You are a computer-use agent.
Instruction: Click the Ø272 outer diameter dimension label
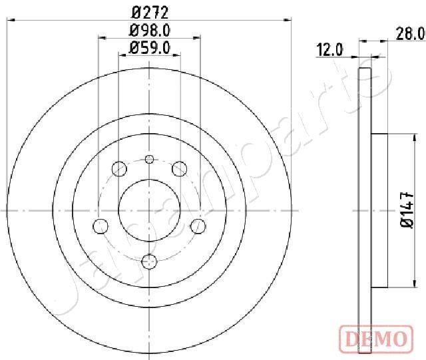click(x=150, y=11)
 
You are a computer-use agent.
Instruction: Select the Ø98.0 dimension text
click(x=150, y=29)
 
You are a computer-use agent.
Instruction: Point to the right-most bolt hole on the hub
click(x=197, y=226)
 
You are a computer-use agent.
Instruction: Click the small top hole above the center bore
click(x=150, y=158)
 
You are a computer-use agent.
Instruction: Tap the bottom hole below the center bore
click(x=150, y=260)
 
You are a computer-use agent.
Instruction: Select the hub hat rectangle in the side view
click(x=379, y=210)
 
